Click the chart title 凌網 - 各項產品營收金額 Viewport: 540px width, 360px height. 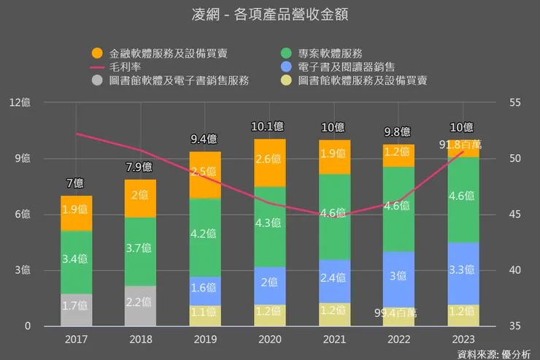269,15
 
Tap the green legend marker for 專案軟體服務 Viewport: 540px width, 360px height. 286,53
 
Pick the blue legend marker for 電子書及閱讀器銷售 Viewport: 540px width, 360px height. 286,66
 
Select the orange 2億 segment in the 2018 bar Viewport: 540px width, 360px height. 140,196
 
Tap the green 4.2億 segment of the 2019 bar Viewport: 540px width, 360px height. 205,235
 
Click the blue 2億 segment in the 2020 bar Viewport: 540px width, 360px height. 270,282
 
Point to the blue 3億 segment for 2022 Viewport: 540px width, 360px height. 398,276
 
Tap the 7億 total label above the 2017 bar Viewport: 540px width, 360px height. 76,183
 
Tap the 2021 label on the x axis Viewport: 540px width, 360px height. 334,340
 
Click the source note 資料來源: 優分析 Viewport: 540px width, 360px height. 494,354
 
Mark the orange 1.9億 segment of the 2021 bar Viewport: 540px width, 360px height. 334,155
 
